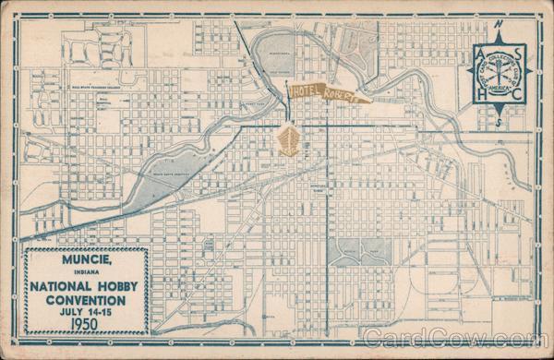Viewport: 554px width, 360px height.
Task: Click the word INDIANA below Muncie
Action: pos(85,270)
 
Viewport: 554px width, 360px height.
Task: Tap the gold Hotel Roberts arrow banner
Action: pos(329,92)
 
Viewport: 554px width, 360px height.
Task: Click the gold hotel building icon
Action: pos(288,140)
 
